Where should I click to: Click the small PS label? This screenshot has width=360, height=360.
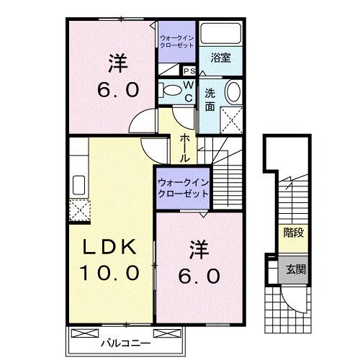coord(189,71)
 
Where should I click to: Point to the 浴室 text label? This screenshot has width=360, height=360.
coord(221,58)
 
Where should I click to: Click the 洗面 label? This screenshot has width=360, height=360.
coord(210,99)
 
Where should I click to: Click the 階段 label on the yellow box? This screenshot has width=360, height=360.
coord(293,234)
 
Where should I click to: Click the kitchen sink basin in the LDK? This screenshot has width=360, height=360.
coord(77,186)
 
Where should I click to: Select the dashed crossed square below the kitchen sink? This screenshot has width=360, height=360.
coord(77,210)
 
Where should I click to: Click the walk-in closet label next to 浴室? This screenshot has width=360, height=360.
coord(176,41)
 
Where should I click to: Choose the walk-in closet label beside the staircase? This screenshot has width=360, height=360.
coord(183,189)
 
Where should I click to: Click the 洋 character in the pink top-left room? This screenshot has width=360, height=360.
coord(117,63)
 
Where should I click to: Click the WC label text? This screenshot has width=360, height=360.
coord(186,90)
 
